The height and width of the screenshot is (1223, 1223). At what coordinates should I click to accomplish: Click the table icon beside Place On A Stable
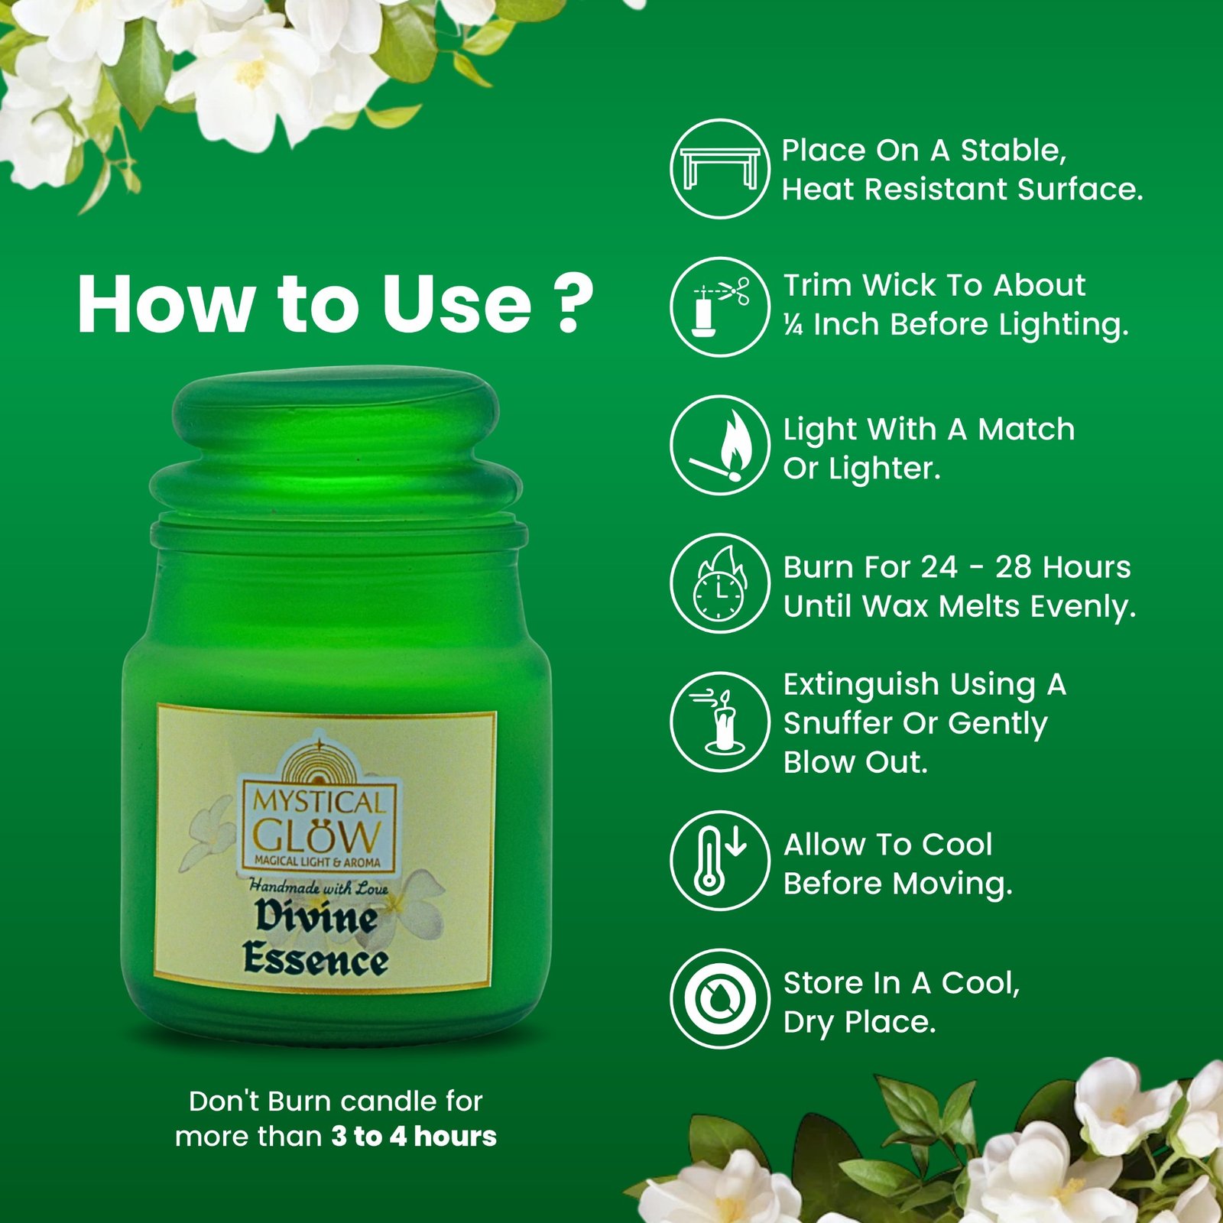(720, 168)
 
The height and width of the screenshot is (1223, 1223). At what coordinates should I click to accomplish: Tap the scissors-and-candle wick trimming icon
(720, 307)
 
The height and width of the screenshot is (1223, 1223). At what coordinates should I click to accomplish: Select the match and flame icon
(720, 445)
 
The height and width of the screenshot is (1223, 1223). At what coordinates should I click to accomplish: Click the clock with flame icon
(720, 583)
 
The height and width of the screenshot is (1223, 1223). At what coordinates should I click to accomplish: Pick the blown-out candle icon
(720, 722)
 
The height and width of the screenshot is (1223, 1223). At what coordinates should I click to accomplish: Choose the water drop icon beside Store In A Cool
(720, 998)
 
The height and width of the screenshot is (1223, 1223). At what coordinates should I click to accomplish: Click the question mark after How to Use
(573, 303)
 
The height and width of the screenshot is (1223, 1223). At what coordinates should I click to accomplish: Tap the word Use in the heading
(456, 304)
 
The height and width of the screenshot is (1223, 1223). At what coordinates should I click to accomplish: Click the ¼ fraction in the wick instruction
(793, 325)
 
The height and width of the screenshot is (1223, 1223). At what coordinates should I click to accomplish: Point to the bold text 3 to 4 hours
(414, 1136)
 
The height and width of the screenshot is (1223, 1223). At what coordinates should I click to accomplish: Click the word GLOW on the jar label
(316, 835)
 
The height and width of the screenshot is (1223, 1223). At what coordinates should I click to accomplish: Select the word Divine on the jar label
(316, 916)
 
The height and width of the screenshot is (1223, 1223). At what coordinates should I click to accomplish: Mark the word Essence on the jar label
(316, 959)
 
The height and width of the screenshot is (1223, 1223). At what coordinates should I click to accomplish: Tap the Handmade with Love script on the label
(319, 887)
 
